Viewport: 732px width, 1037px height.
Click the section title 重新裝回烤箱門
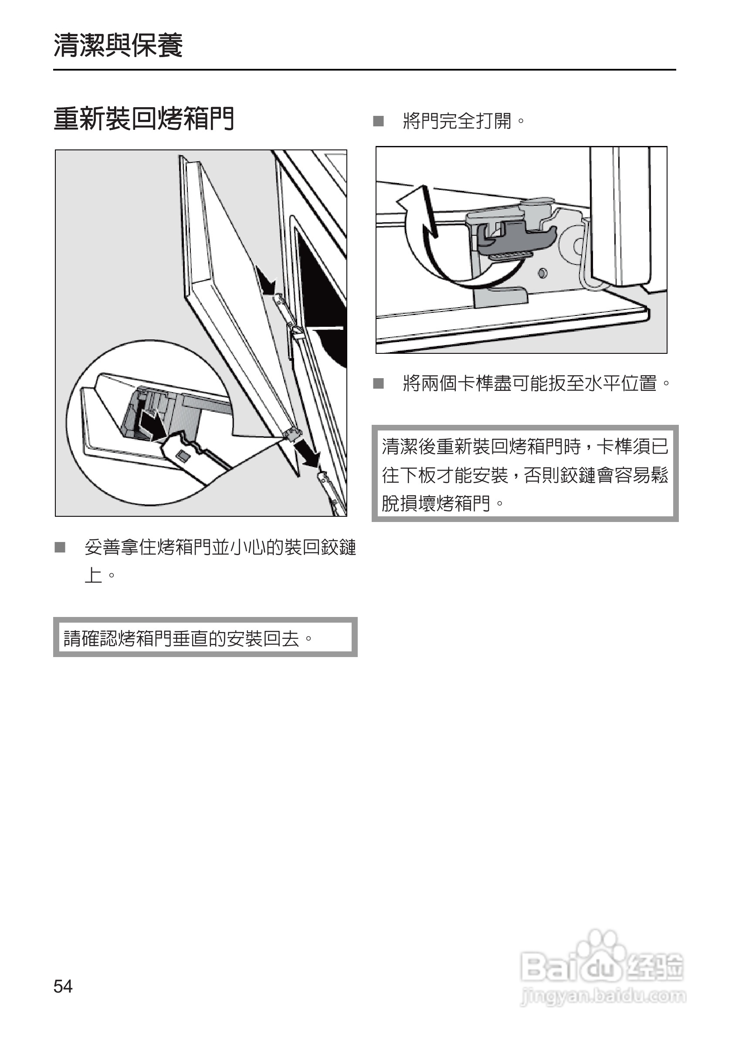click(x=144, y=119)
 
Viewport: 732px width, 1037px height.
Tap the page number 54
click(x=63, y=986)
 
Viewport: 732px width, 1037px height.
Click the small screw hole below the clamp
click(x=543, y=273)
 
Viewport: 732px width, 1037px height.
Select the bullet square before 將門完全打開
click(x=379, y=121)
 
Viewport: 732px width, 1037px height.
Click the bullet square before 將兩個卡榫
click(x=379, y=383)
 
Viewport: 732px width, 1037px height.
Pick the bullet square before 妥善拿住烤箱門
click(x=60, y=547)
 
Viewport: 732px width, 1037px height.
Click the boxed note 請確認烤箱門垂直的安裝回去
click(x=205, y=637)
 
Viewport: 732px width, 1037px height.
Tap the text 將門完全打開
click(x=463, y=121)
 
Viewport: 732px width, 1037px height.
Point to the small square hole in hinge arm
click(x=183, y=455)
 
